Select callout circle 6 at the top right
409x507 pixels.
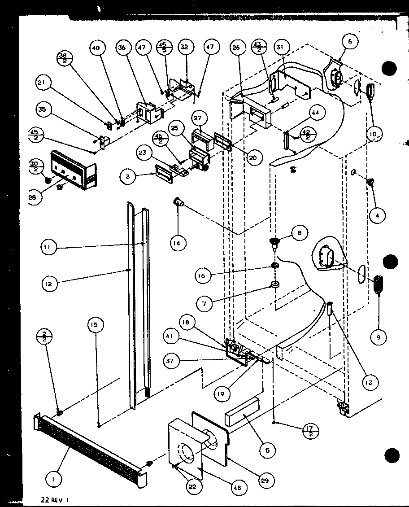pyautogui.click(x=350, y=42)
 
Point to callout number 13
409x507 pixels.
pyautogui.click(x=368, y=382)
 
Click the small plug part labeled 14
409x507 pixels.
pyautogui.click(x=178, y=203)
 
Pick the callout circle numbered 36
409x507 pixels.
pyautogui.click(x=122, y=48)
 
